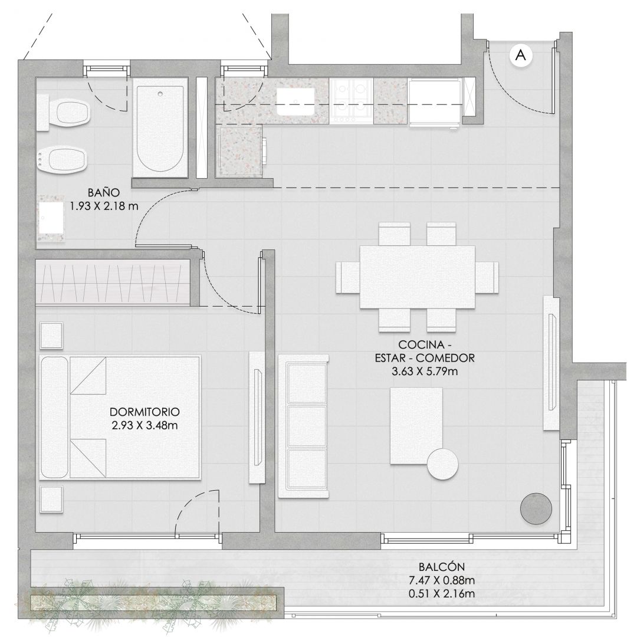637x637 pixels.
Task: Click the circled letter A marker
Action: pyautogui.click(x=520, y=54)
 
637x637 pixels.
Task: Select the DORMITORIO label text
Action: pyautogui.click(x=145, y=412)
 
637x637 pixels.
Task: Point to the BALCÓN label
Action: pyautogui.click(x=442, y=567)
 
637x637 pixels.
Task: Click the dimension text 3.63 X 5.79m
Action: pyautogui.click(x=425, y=372)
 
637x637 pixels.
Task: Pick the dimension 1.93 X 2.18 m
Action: pyautogui.click(x=104, y=206)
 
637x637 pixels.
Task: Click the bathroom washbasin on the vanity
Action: pyautogui.click(x=51, y=219)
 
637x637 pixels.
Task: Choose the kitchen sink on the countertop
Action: pyautogui.click(x=295, y=101)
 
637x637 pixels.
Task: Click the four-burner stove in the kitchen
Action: pyautogui.click(x=351, y=101)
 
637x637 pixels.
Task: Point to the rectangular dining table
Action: pyautogui.click(x=417, y=277)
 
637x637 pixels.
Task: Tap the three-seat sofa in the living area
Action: pyautogui.click(x=303, y=426)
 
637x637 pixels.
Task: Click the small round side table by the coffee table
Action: pyautogui.click(x=443, y=464)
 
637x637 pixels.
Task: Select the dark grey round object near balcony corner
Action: pyautogui.click(x=536, y=508)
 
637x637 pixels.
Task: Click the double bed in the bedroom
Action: pyautogui.click(x=120, y=418)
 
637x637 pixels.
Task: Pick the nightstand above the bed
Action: pyautogui.click(x=51, y=336)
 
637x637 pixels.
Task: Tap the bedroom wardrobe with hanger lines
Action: pyautogui.click(x=113, y=283)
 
